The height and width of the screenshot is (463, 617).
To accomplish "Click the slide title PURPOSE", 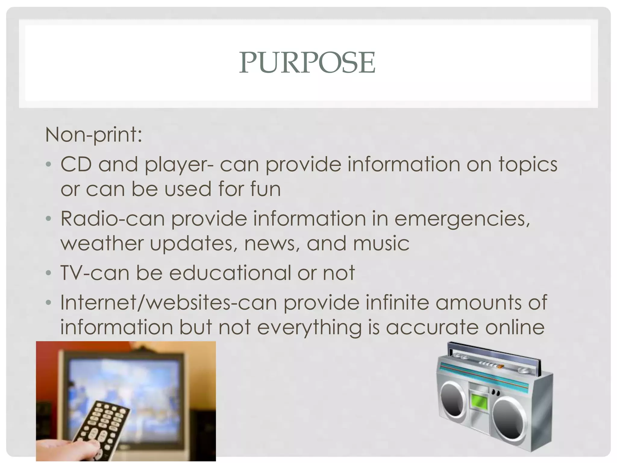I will point(307,63).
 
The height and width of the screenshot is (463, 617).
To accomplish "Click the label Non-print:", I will point(93,135).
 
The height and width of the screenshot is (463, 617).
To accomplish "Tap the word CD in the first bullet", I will point(76,164).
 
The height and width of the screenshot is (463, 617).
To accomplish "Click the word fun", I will point(265,189).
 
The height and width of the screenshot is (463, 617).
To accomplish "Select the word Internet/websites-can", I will point(168,303).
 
